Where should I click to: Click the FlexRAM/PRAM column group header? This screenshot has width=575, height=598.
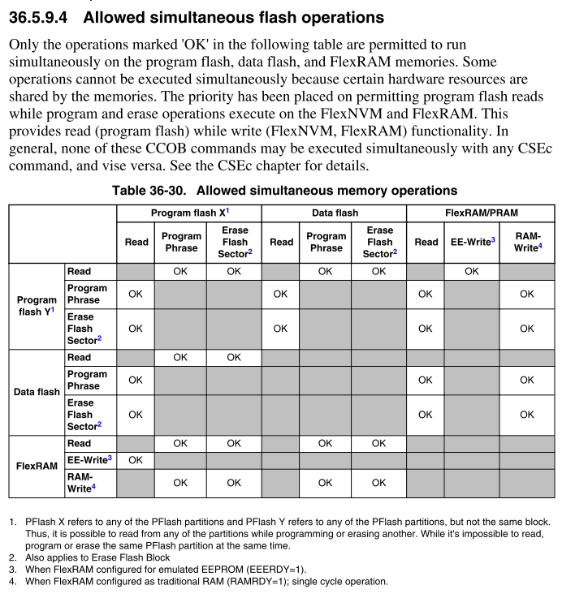click(481, 213)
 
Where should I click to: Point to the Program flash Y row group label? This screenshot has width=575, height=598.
click(37, 305)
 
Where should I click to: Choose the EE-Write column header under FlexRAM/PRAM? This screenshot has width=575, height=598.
click(472, 242)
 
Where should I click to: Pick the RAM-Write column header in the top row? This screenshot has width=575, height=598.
click(527, 242)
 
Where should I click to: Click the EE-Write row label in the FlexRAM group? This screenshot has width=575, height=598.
click(89, 460)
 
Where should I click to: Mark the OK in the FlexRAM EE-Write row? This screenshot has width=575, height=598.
click(136, 460)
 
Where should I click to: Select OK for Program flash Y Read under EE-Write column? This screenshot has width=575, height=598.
click(472, 272)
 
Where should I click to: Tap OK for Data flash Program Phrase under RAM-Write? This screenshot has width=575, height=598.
click(527, 380)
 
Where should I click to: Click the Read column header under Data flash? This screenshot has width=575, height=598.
click(281, 242)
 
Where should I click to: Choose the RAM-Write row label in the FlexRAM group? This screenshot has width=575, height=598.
click(80, 483)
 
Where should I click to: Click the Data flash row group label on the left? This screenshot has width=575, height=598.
click(37, 392)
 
